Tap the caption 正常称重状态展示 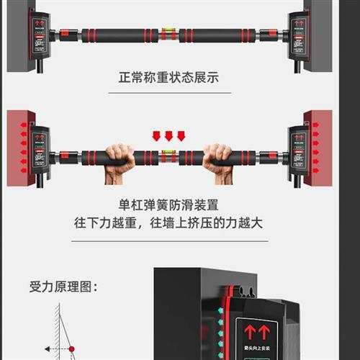(x=169, y=77)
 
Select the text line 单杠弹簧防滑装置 (x=170, y=204)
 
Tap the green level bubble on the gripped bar (x=169, y=153)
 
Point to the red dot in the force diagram (x=71, y=350)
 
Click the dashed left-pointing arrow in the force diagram (x=54, y=350)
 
